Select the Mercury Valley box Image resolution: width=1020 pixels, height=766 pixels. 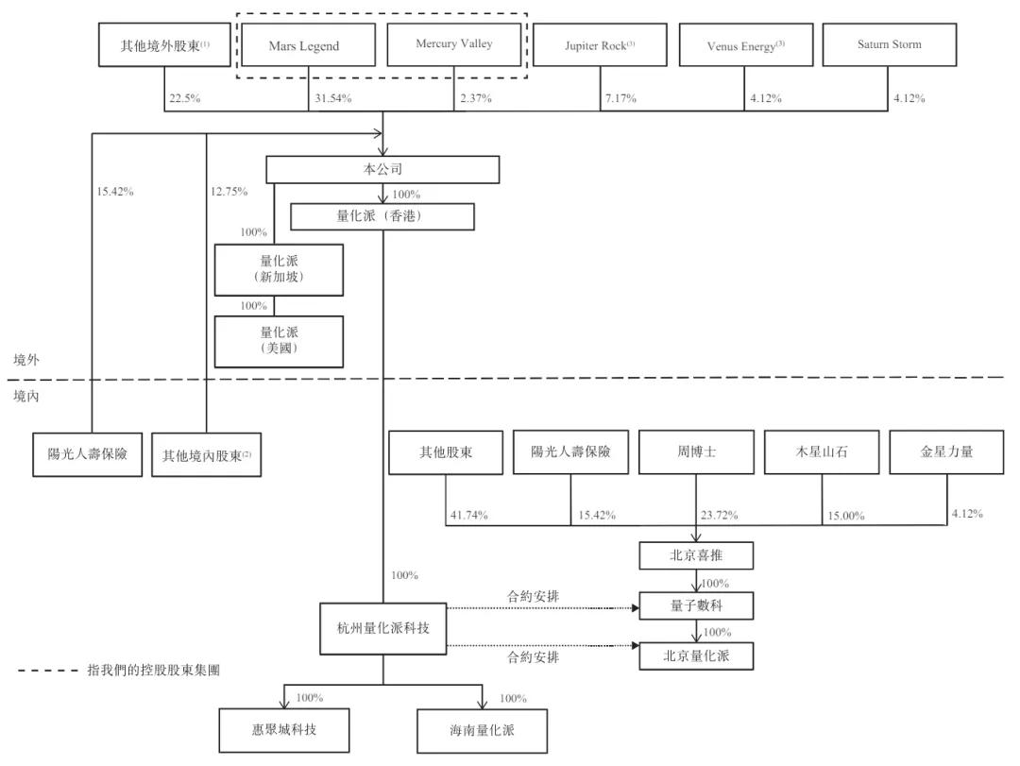tap(453, 44)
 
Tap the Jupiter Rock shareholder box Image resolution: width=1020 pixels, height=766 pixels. tap(600, 45)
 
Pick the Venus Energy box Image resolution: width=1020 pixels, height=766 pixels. tap(744, 45)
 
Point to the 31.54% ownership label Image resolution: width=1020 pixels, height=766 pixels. tap(330, 99)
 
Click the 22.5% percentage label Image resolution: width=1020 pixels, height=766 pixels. tap(183, 99)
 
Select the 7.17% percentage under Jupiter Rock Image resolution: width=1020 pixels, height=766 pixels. tap(620, 99)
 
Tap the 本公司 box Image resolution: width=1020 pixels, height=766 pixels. tap(382, 169)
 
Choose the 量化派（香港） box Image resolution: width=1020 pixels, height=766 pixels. tap(382, 217)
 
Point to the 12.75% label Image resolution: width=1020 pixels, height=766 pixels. tap(228, 192)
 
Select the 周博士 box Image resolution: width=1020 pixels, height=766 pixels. tap(697, 452)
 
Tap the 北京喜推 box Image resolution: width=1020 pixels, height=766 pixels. tap(697, 555)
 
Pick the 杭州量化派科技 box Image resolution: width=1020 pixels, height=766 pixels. tap(382, 628)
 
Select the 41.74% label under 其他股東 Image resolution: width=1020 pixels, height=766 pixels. tap(466, 516)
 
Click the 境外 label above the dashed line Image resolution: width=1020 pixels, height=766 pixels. tap(26, 360)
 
